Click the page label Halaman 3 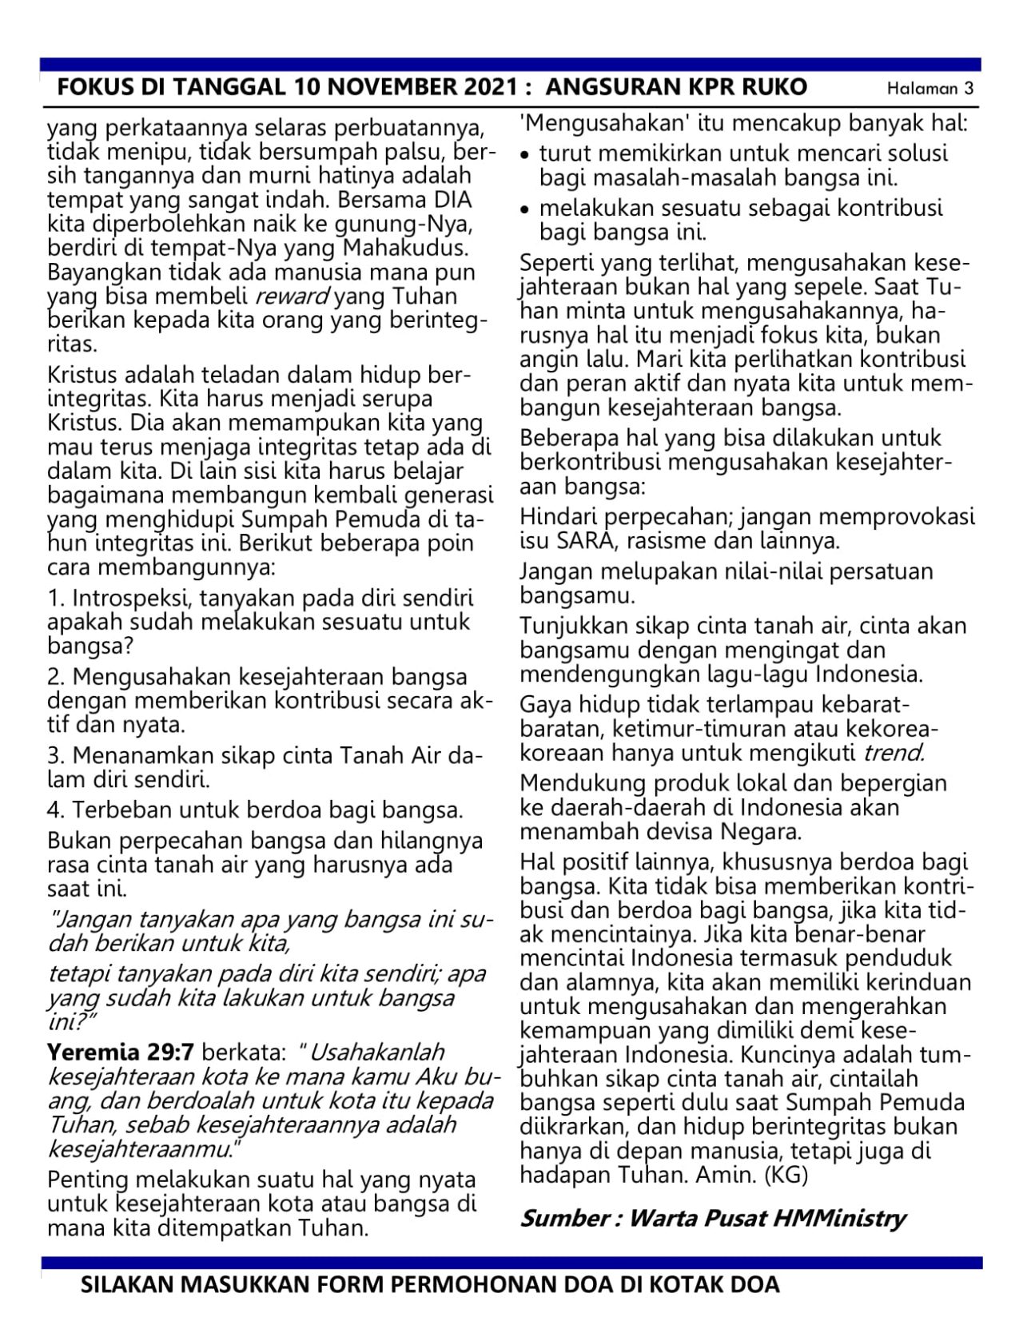pyautogui.click(x=930, y=89)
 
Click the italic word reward pyautogui.click(x=291, y=296)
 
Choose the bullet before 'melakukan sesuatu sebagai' pyautogui.click(x=525, y=210)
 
